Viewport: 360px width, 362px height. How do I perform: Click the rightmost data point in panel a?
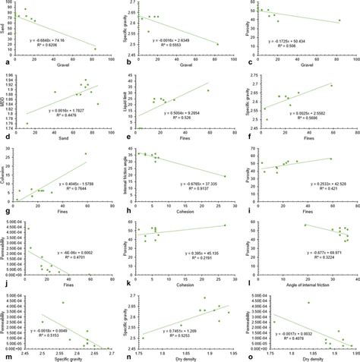coord(96,49)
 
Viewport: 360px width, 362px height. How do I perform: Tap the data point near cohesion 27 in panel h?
coord(225,176)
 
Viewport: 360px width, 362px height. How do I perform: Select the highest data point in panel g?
coord(86,153)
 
